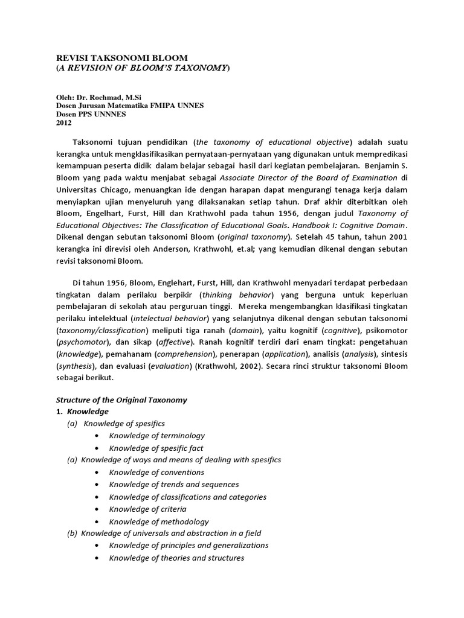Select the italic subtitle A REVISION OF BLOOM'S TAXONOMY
(143, 68)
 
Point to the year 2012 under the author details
(63, 123)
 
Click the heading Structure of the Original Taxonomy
(121, 400)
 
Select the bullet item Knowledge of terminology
(156, 435)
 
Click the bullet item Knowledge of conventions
(156, 472)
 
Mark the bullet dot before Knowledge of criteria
(97, 509)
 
